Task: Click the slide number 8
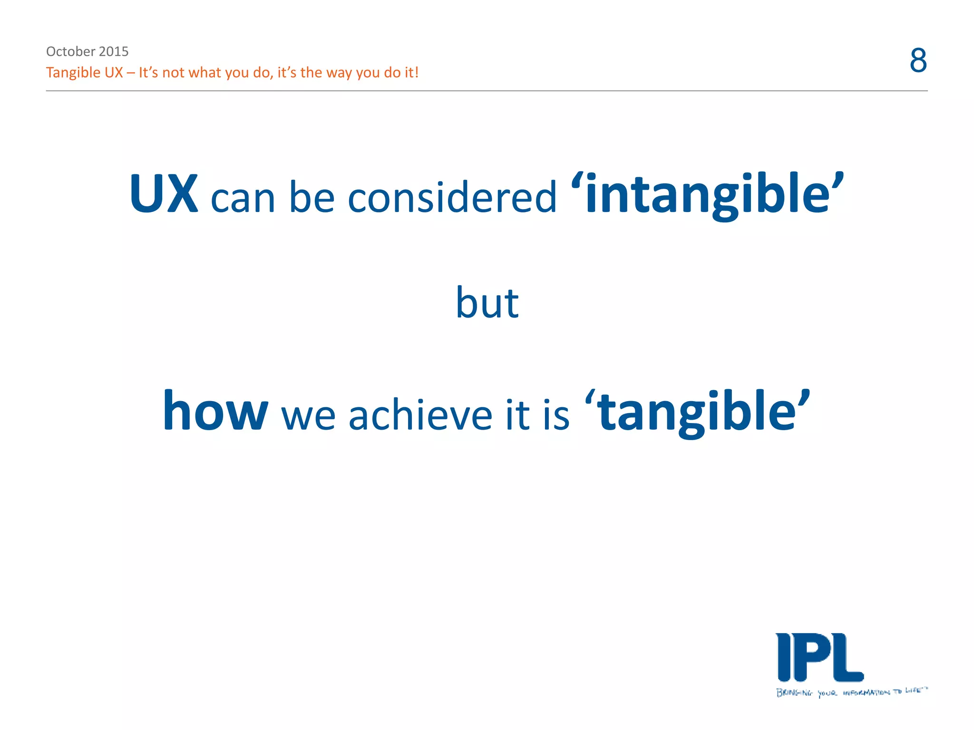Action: tap(918, 61)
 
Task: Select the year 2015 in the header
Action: tap(114, 51)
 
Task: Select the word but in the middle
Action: tap(487, 303)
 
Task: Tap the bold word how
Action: tap(215, 411)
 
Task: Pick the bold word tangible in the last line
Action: tap(697, 411)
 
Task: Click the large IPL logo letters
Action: tap(819, 658)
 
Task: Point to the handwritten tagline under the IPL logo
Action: tap(851, 692)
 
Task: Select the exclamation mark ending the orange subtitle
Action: tap(417, 73)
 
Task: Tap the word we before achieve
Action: tap(308, 416)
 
